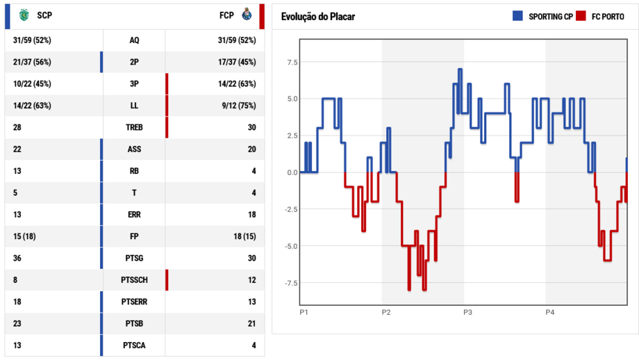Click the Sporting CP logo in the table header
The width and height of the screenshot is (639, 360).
[25, 14]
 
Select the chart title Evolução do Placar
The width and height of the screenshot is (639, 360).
[317, 17]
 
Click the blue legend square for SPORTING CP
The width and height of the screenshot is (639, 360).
[517, 16]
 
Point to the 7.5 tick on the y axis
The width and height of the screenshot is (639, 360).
[291, 62]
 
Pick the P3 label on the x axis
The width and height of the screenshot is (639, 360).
[467, 313]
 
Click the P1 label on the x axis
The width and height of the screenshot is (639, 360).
[304, 313]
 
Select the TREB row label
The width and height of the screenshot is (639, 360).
[134, 127]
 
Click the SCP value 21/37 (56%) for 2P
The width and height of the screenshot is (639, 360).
[32, 62]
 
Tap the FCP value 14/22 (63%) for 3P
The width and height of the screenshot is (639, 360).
[237, 84]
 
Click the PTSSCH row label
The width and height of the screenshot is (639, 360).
[134, 280]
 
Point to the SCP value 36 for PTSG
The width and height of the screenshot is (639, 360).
[17, 258]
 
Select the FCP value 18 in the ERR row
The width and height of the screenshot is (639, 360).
[251, 215]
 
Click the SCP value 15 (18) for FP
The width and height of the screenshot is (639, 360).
[24, 236]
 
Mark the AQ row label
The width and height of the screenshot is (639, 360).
[134, 40]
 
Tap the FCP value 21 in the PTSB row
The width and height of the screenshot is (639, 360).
[251, 323]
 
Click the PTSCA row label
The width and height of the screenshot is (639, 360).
[134, 345]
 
